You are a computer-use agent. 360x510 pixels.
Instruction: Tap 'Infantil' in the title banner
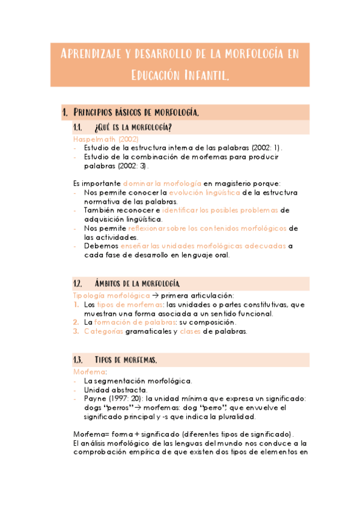point(203,76)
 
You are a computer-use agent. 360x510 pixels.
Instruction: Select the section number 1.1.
point(78,127)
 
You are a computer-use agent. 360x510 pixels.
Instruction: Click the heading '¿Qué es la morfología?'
point(133,127)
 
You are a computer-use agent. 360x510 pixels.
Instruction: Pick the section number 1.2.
point(78,283)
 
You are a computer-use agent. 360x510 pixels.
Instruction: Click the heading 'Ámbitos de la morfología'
point(138,283)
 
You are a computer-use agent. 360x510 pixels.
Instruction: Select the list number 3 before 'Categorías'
point(76,331)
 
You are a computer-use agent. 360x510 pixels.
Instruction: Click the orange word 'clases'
point(190,331)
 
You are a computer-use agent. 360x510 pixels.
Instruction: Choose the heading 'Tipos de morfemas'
point(126,360)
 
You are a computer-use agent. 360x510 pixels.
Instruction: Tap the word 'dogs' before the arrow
point(93,408)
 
